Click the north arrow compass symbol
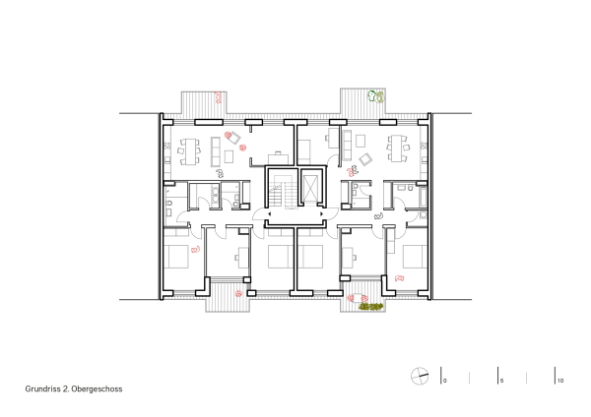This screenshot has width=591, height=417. (x=420, y=377)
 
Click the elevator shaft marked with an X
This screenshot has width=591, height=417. (x=311, y=187)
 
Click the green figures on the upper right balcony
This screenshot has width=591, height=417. (x=375, y=96)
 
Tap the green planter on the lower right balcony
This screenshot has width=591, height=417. (x=370, y=305)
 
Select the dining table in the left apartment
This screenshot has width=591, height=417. (x=189, y=149)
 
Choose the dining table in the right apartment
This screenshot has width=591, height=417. (x=400, y=149)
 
